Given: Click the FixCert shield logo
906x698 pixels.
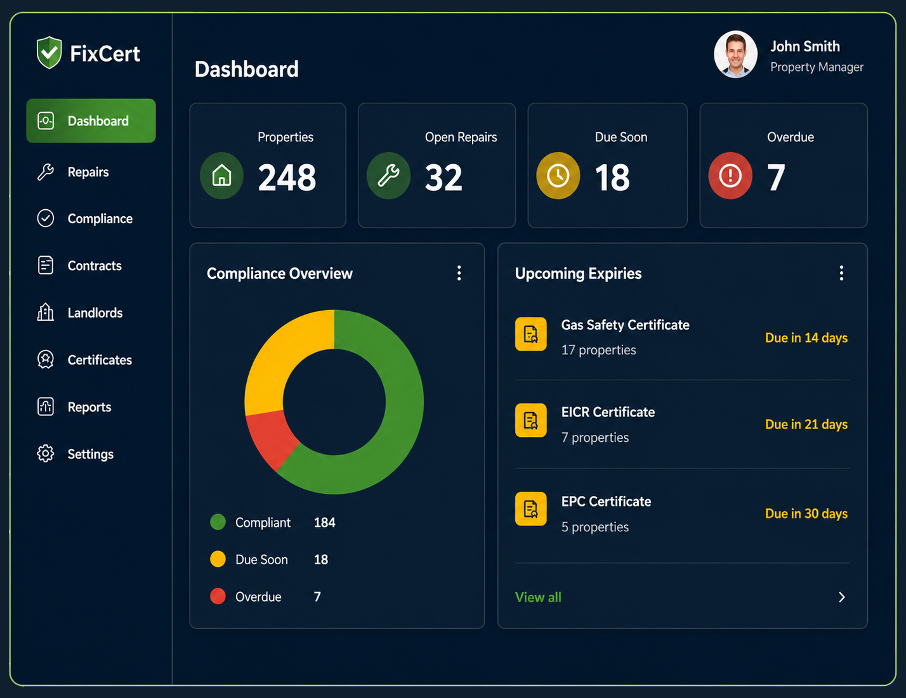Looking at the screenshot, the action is pyautogui.click(x=49, y=53).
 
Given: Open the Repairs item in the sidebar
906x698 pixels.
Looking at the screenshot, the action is pyautogui.click(x=88, y=172).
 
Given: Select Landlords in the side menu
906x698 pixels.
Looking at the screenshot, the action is pyautogui.click(x=95, y=313).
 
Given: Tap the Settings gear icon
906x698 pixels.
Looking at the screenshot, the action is pyautogui.click(x=46, y=453).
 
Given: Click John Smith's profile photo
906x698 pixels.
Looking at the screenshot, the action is pyautogui.click(x=735, y=54).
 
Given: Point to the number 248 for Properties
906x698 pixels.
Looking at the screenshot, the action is pyautogui.click(x=287, y=178).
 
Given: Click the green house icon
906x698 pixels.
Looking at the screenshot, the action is pyautogui.click(x=221, y=176).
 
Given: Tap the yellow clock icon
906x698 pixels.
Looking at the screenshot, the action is pyautogui.click(x=558, y=176).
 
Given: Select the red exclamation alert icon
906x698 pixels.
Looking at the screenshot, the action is pyautogui.click(x=730, y=176).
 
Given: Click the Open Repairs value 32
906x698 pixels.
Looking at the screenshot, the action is pyautogui.click(x=443, y=178).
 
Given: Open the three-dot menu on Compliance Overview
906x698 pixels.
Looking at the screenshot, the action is pyautogui.click(x=459, y=273).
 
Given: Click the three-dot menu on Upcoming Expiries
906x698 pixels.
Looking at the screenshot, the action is pyautogui.click(x=841, y=273).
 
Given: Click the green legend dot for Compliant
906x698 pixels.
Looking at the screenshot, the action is pyautogui.click(x=218, y=522).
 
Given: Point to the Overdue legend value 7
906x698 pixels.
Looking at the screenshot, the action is pyautogui.click(x=317, y=597).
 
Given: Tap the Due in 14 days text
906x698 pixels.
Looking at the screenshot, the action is pyautogui.click(x=806, y=338).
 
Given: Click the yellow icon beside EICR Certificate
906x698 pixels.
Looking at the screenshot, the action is pyautogui.click(x=531, y=420).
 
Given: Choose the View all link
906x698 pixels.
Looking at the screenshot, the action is pyautogui.click(x=538, y=597).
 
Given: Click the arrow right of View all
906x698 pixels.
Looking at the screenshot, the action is pyautogui.click(x=842, y=597).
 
